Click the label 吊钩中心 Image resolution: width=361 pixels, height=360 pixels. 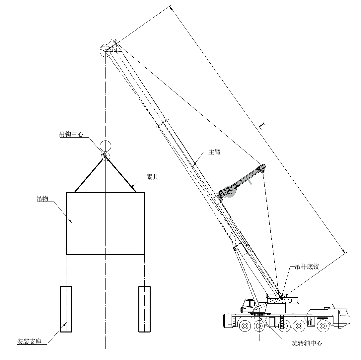click(x=71, y=134)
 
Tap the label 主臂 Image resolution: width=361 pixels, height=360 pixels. click(x=214, y=152)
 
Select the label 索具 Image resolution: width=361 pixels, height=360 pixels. click(x=152, y=177)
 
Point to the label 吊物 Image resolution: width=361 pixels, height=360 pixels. click(x=42, y=199)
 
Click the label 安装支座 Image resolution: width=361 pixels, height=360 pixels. click(x=30, y=341)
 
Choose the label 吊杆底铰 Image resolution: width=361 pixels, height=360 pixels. click(x=307, y=267)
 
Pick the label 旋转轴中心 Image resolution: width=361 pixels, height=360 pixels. click(x=307, y=343)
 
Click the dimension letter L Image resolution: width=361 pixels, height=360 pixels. click(x=262, y=126)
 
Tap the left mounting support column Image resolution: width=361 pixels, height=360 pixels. click(x=66, y=309)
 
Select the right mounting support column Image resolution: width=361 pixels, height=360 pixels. click(x=145, y=309)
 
